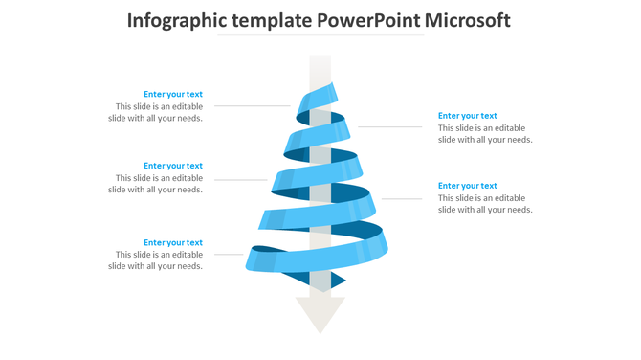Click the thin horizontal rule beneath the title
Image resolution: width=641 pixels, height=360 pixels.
pos(320,35)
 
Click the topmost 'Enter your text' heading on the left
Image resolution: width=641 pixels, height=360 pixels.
pos(173,94)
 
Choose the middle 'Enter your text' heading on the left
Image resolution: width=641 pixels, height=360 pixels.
pos(173,166)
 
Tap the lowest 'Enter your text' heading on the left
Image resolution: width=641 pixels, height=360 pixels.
pos(173,242)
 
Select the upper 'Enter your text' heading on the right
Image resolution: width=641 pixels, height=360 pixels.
pos(468,116)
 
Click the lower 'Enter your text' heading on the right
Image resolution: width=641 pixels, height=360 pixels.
pos(468,186)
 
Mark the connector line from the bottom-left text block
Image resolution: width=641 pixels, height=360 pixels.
pos(229,254)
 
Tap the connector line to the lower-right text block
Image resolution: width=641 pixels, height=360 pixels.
pos(402,198)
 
